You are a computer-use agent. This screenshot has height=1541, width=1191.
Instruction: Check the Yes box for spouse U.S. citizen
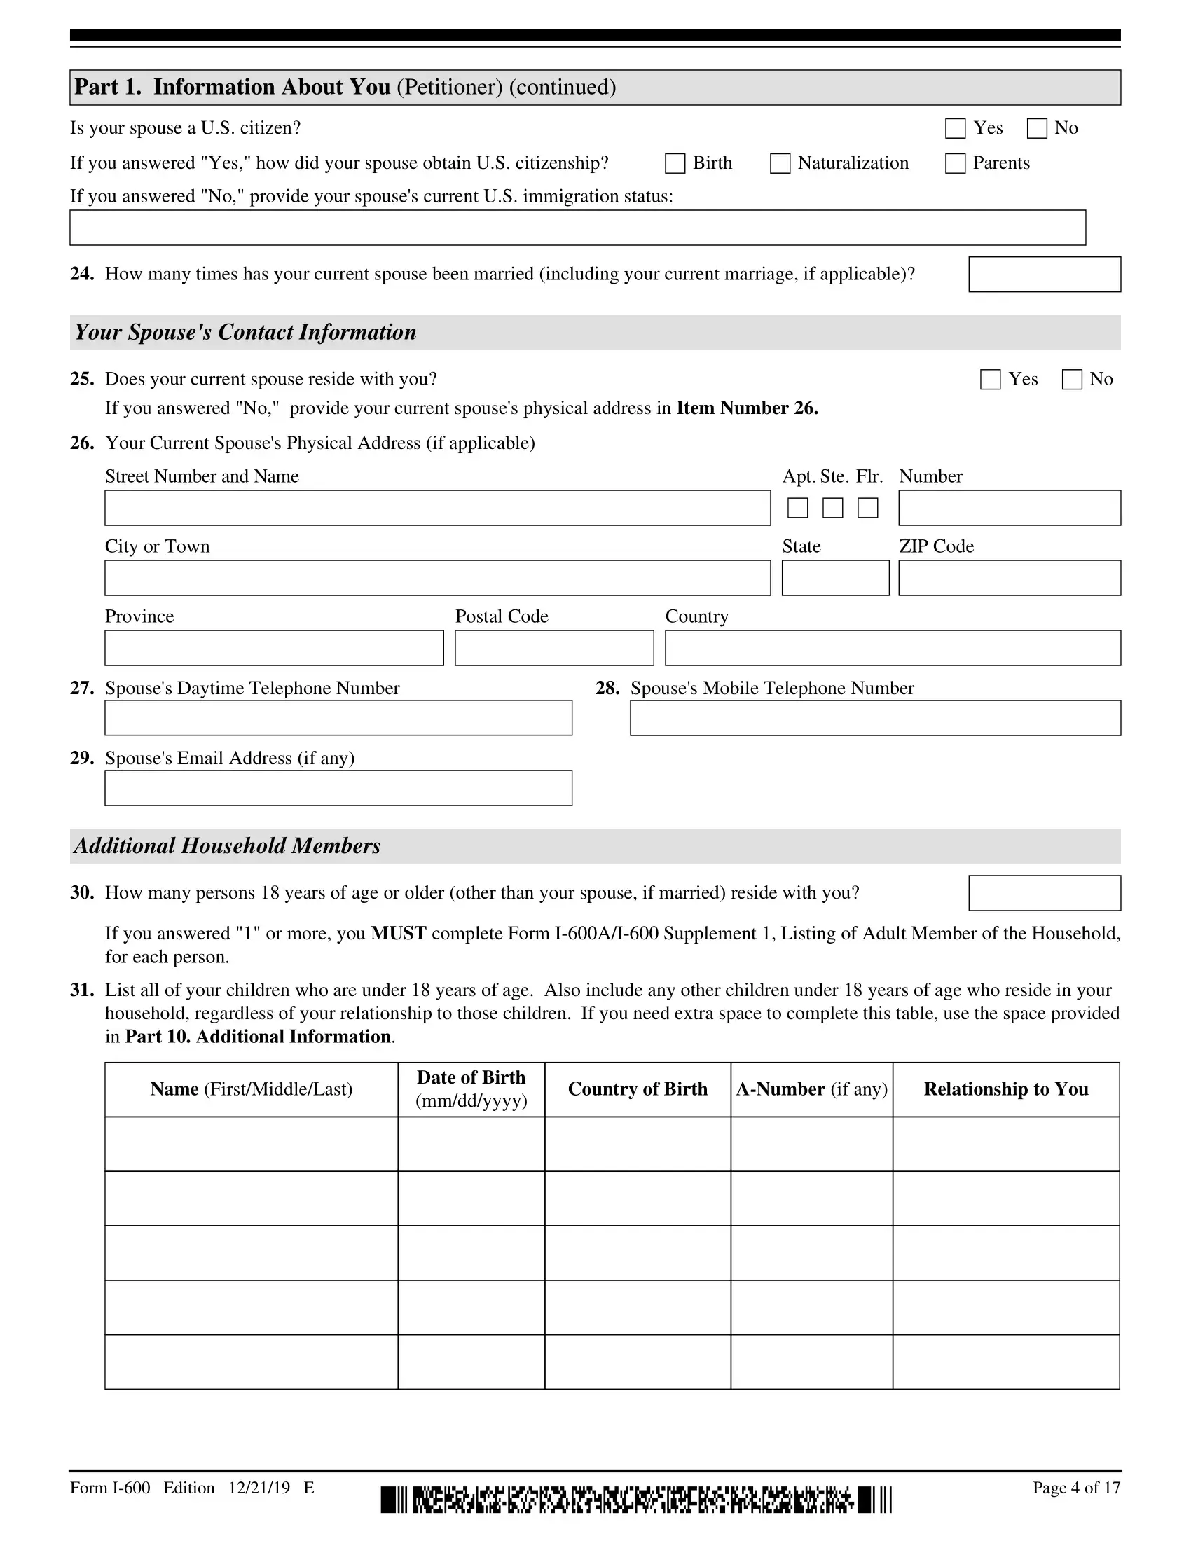pos(955,128)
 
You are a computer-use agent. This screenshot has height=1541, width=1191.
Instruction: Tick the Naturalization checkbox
pos(780,164)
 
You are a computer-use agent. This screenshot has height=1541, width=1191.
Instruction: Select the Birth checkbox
pos(675,164)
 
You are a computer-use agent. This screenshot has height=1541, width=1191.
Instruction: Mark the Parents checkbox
pos(955,164)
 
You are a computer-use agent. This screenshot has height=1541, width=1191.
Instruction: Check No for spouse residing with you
pos(1072,380)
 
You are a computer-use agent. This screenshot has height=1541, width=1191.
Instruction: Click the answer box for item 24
pos(1045,275)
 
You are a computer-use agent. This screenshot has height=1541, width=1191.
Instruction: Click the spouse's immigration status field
pos(577,228)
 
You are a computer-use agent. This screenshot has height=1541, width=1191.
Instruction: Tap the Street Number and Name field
pos(437,508)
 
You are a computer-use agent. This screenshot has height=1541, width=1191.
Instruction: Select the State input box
pos(835,578)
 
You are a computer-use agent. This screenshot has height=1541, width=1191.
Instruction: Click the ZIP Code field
pos(1009,578)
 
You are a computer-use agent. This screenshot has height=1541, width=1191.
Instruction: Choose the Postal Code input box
pos(554,648)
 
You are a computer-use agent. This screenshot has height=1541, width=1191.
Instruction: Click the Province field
pos(274,648)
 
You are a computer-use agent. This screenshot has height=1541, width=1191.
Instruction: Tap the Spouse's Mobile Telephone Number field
pos(875,718)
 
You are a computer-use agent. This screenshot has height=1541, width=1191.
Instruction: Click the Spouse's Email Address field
pos(338,788)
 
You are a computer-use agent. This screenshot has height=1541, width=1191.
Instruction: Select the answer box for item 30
pos(1045,893)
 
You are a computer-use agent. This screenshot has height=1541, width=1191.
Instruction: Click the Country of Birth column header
pos(637,1089)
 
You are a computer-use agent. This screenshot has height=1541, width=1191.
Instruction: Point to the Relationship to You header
pos(1005,1089)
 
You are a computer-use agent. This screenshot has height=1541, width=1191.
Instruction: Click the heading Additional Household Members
pos(227,846)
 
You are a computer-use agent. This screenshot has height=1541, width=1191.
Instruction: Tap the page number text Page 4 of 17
pos(1076,1488)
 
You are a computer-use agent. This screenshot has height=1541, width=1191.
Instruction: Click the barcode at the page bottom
pos(635,1500)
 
